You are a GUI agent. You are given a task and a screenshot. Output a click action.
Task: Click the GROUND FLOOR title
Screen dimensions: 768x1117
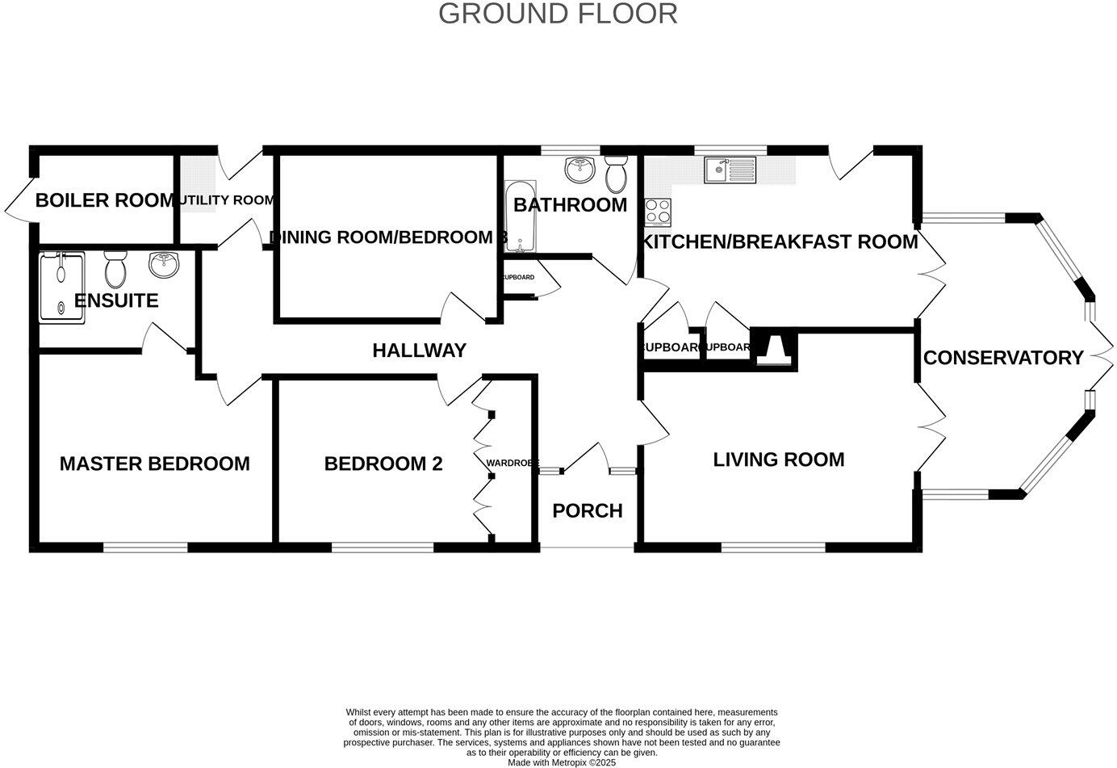(x=558, y=14)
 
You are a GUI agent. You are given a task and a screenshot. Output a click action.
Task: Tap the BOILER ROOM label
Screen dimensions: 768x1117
(x=104, y=200)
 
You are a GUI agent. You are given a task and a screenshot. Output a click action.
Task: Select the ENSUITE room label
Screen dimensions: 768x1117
(x=116, y=301)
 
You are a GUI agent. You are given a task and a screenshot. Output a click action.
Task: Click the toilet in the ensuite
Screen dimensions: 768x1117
(x=115, y=270)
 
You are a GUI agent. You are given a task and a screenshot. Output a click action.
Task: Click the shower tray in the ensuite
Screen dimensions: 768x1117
(x=62, y=287)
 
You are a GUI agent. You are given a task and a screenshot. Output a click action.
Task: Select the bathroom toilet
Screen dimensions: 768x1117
(x=616, y=171)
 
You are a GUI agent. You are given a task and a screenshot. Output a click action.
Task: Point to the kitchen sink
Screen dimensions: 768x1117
(x=730, y=170)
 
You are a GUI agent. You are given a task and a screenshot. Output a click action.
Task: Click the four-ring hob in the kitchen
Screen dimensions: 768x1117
(x=658, y=212)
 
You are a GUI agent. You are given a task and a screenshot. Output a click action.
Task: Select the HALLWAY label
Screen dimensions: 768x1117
(x=419, y=350)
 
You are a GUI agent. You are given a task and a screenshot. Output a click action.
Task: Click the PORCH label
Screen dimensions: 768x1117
(x=587, y=511)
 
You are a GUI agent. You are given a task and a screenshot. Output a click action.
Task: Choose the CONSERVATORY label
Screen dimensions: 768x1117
(x=1003, y=358)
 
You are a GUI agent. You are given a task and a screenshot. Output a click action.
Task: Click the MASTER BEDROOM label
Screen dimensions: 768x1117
(x=154, y=464)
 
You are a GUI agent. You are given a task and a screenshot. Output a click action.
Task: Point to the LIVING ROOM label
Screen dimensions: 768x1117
(x=778, y=460)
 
